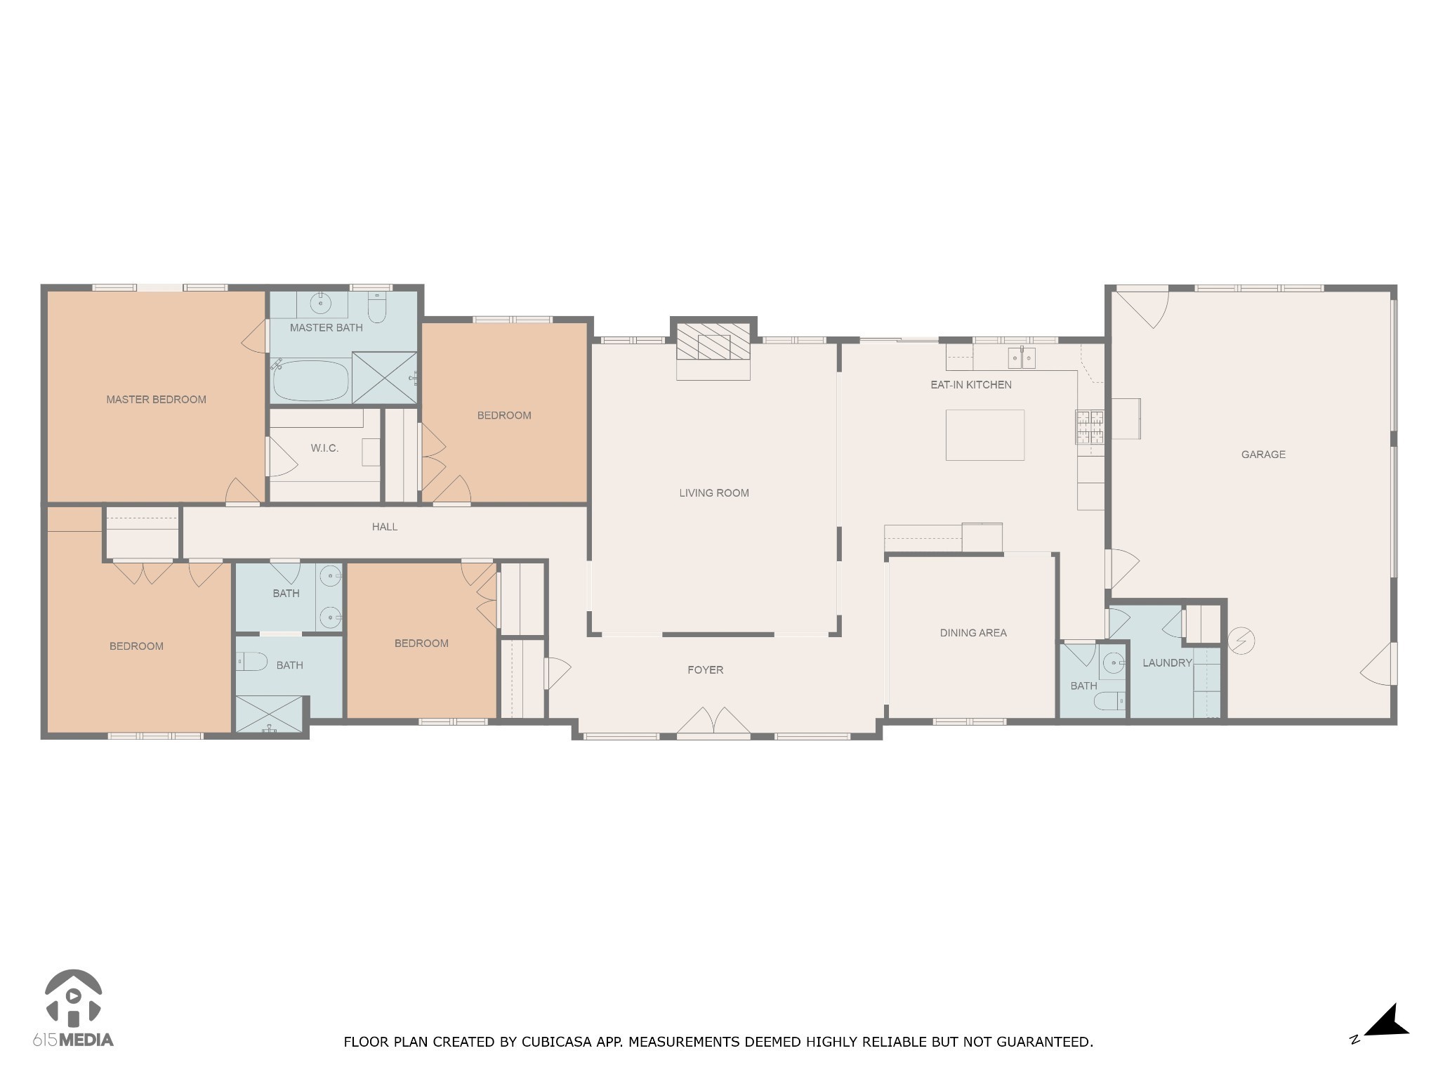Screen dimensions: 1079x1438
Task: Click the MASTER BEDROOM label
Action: coord(156,400)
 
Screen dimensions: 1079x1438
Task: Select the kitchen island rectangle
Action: coord(984,436)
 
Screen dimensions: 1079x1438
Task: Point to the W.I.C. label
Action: coord(324,448)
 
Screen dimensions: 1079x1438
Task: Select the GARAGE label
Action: coord(1263,455)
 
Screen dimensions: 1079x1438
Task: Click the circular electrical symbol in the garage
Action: coord(1241,641)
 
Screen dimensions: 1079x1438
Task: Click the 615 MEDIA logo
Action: coord(73,1009)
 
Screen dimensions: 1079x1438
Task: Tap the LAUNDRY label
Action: coord(1167,662)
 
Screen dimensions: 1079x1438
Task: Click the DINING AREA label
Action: coord(973,633)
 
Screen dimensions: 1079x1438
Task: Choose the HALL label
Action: coord(385,527)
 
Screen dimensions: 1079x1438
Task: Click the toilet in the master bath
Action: coord(377,308)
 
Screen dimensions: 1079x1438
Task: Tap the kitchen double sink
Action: coord(1022,358)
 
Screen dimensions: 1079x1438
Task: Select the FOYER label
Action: coord(705,670)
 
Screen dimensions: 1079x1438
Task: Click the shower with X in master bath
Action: coord(384,378)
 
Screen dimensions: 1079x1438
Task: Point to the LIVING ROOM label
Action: coord(713,493)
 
